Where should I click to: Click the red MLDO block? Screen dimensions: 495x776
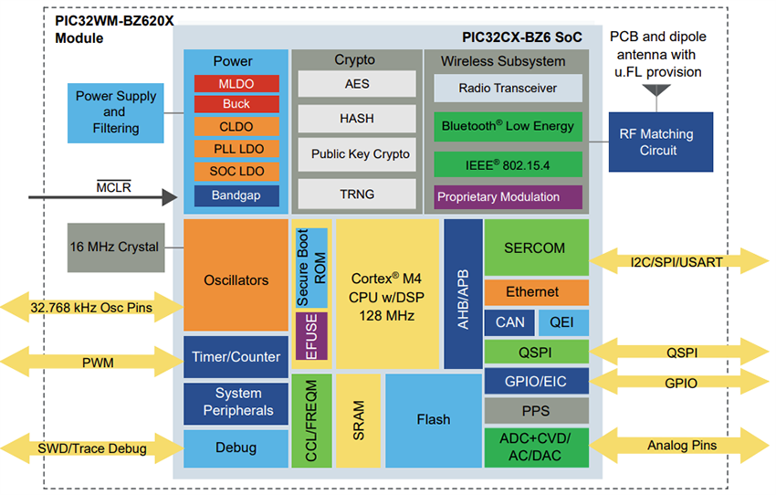click(236, 83)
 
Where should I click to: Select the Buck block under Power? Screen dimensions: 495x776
click(236, 104)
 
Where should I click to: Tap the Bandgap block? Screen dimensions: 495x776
click(236, 195)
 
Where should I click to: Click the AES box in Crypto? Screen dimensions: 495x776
click(357, 83)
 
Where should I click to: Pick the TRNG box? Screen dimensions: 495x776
click(357, 194)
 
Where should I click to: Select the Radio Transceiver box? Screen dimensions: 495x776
click(508, 88)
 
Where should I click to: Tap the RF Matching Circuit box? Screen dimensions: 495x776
click(661, 142)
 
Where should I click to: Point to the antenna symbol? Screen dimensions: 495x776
click(656, 90)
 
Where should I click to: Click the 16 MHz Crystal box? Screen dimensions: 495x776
click(115, 247)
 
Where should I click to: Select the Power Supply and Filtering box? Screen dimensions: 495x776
click(115, 111)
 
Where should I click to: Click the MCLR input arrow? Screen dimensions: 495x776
click(100, 196)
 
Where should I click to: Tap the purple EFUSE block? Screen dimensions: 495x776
click(311, 336)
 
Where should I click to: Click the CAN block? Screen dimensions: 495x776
click(509, 321)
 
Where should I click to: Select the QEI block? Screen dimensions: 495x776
click(563, 321)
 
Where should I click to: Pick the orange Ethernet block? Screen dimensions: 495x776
click(536, 292)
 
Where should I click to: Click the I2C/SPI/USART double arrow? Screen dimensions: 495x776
click(679, 262)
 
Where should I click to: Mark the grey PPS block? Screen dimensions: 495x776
click(536, 411)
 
